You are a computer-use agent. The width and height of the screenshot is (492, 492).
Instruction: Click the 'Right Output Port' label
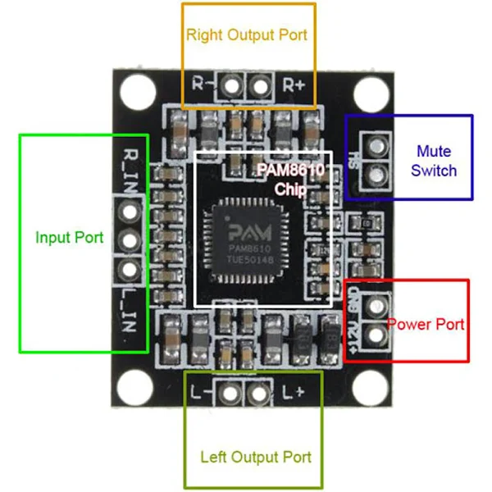pyautogui.click(x=247, y=34)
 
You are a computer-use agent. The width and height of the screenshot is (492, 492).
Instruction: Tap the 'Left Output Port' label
pyautogui.click(x=256, y=456)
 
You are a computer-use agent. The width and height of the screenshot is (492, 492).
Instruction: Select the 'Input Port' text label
pyautogui.click(x=70, y=238)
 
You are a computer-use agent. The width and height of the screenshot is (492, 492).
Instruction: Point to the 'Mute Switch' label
pyautogui.click(x=434, y=161)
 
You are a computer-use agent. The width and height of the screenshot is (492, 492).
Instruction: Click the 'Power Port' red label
pyautogui.click(x=426, y=324)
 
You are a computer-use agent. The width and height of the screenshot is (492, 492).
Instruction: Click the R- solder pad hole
pyautogui.click(x=233, y=84)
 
